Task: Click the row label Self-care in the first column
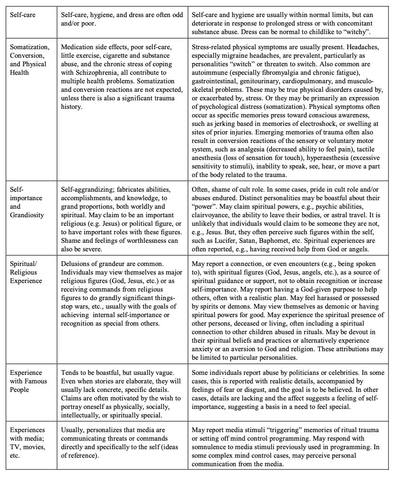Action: pyautogui.click(x=23, y=15)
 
